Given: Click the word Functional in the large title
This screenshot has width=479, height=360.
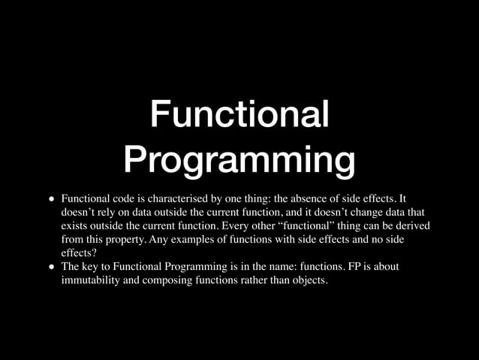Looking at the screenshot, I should click(x=239, y=115).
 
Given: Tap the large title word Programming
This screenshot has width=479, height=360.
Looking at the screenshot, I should click(x=239, y=160).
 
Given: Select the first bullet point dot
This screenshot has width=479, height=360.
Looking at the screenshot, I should click(x=52, y=200).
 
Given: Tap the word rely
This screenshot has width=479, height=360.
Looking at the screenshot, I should click(x=104, y=213).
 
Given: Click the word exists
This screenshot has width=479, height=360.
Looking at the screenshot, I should click(x=74, y=226).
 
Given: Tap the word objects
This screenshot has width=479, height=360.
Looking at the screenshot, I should click(x=309, y=280).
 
